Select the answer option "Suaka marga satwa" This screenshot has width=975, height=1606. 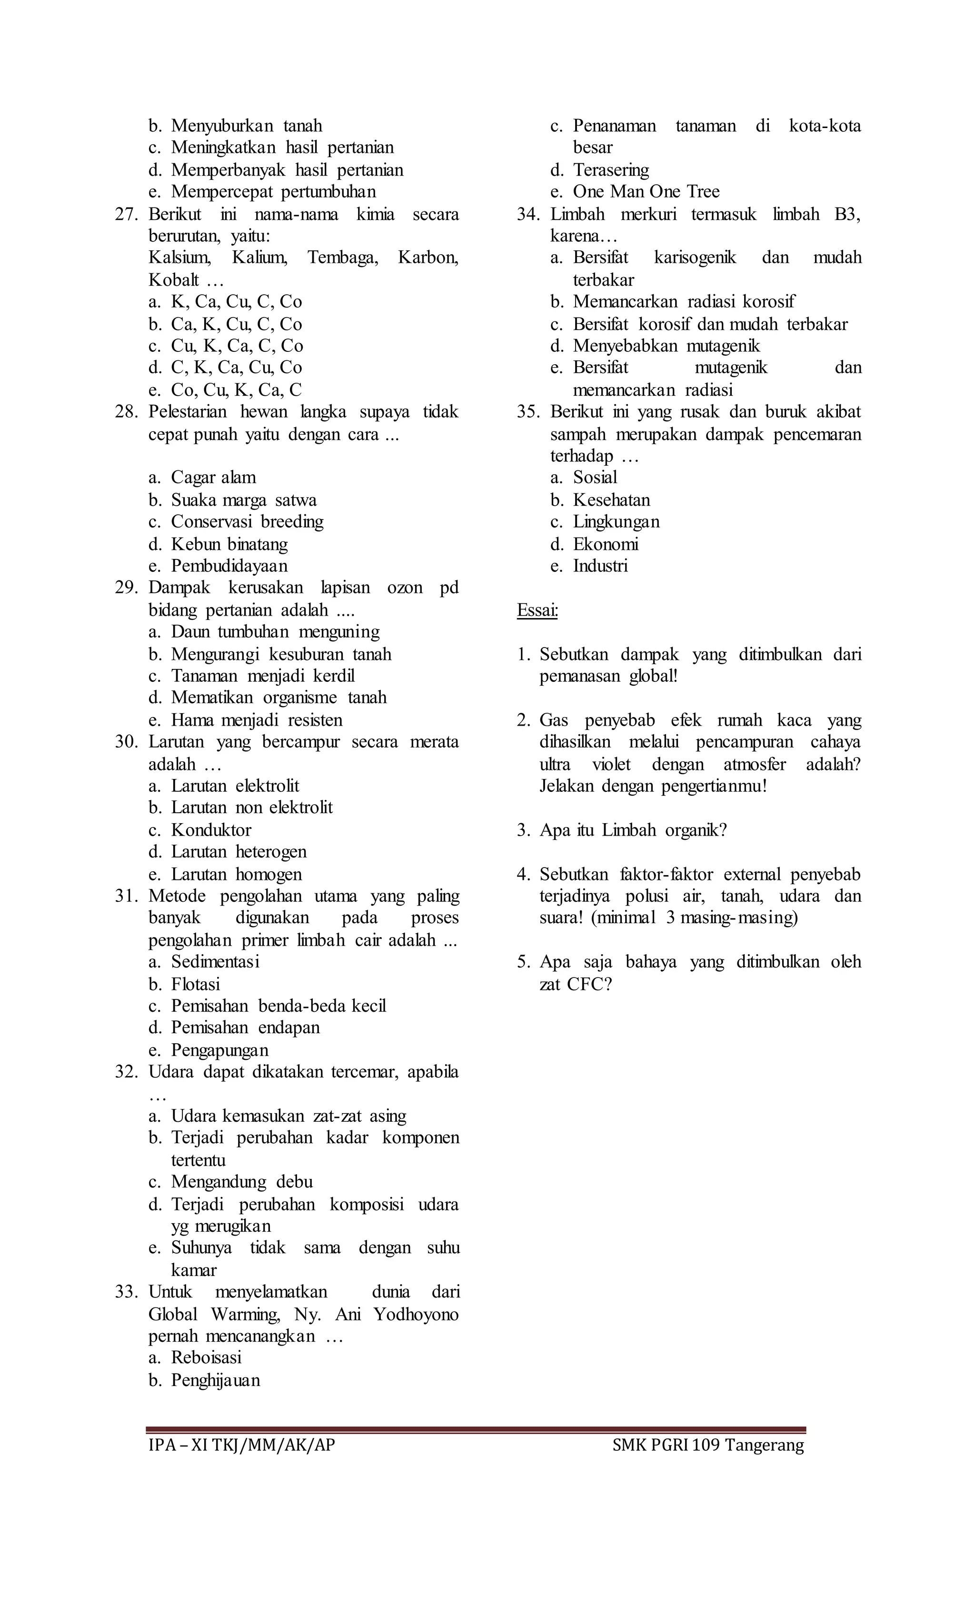point(243,500)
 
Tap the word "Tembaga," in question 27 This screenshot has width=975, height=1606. point(342,258)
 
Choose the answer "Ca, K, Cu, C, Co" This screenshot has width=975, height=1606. point(236,324)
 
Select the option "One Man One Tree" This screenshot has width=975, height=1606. point(646,191)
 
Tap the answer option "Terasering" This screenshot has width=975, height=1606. point(611,170)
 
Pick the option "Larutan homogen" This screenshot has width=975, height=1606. point(236,874)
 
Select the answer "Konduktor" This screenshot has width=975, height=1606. point(210,830)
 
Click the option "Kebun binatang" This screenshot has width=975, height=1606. point(229,544)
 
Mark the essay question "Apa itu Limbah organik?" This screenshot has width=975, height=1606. point(632,830)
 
